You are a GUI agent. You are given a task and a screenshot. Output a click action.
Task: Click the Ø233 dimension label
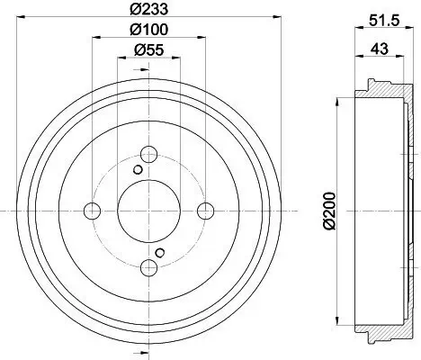coord(149,12)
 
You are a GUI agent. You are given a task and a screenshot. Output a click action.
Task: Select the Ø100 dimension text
coord(149,31)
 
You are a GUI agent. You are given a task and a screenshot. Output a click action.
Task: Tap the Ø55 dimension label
coord(149,51)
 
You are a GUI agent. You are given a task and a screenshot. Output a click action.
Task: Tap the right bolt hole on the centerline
coord(206,211)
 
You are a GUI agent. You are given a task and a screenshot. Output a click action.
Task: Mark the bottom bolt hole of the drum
coord(149,267)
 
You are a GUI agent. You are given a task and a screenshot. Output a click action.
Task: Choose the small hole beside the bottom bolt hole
coord(160,252)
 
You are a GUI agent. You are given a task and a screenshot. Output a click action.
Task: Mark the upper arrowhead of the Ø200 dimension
coord(337,99)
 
